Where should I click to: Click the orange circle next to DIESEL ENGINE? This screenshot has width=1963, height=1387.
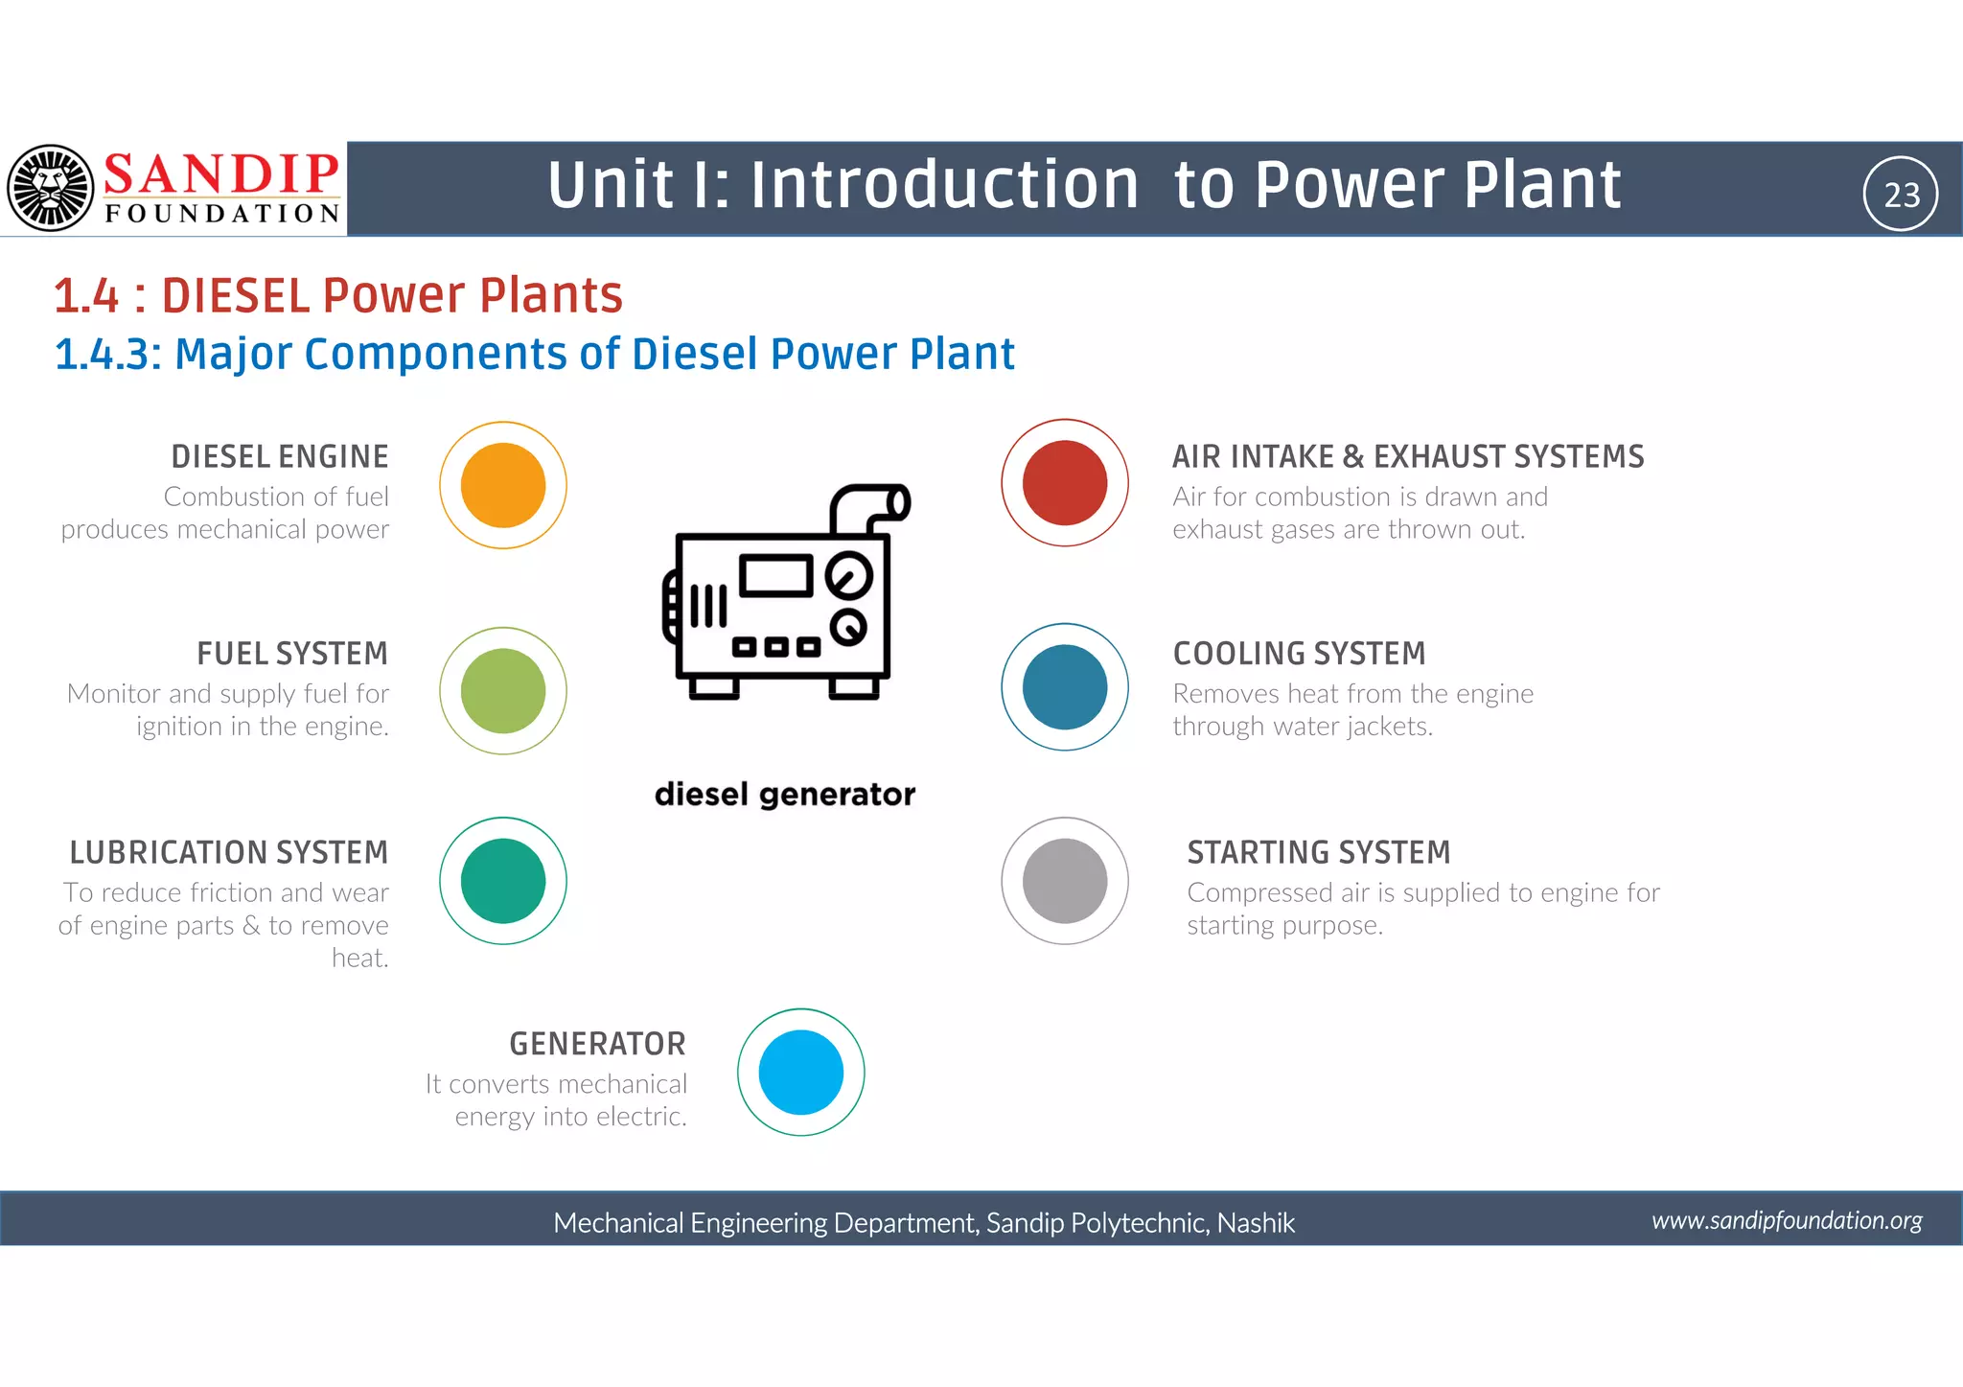[502, 485]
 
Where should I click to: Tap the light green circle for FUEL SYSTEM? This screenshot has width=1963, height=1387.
[502, 690]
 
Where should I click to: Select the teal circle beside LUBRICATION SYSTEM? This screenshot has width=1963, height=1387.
[502, 880]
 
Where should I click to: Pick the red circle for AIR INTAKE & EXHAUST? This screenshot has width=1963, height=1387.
[1064, 482]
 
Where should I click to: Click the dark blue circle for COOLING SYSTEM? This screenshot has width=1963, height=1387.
[1064, 686]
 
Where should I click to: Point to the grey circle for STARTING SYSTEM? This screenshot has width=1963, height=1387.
[1064, 880]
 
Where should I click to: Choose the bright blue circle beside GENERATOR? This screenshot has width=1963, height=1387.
[800, 1072]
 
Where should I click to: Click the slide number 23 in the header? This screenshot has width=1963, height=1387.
[1901, 195]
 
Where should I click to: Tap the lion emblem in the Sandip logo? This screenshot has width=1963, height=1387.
[50, 188]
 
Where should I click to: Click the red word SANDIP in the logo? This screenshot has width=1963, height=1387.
[221, 174]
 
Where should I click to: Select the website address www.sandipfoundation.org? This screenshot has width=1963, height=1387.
[1787, 1220]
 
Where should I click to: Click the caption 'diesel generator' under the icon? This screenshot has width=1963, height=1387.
[784, 795]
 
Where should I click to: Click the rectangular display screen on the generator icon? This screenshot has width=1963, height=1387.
[775, 576]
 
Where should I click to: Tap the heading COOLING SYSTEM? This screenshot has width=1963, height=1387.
[1299, 654]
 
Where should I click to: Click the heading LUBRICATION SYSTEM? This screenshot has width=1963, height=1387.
[229, 852]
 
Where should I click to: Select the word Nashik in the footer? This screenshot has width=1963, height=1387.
[1256, 1223]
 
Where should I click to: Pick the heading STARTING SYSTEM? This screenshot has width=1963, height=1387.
[1318, 852]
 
